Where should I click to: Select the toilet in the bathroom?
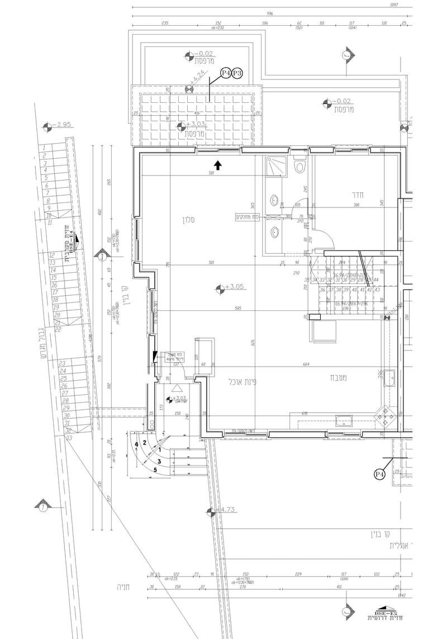tap(299, 166)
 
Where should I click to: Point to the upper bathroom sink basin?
tap(275, 200)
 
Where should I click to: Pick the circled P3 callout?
tap(237, 73)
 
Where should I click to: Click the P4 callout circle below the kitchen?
tap(380, 474)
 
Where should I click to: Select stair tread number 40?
tap(354, 290)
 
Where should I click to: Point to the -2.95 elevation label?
tap(62, 124)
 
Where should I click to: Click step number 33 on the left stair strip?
tap(69, 438)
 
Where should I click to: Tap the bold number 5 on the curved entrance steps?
tap(155, 469)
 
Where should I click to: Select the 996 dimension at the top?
tap(269, 14)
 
